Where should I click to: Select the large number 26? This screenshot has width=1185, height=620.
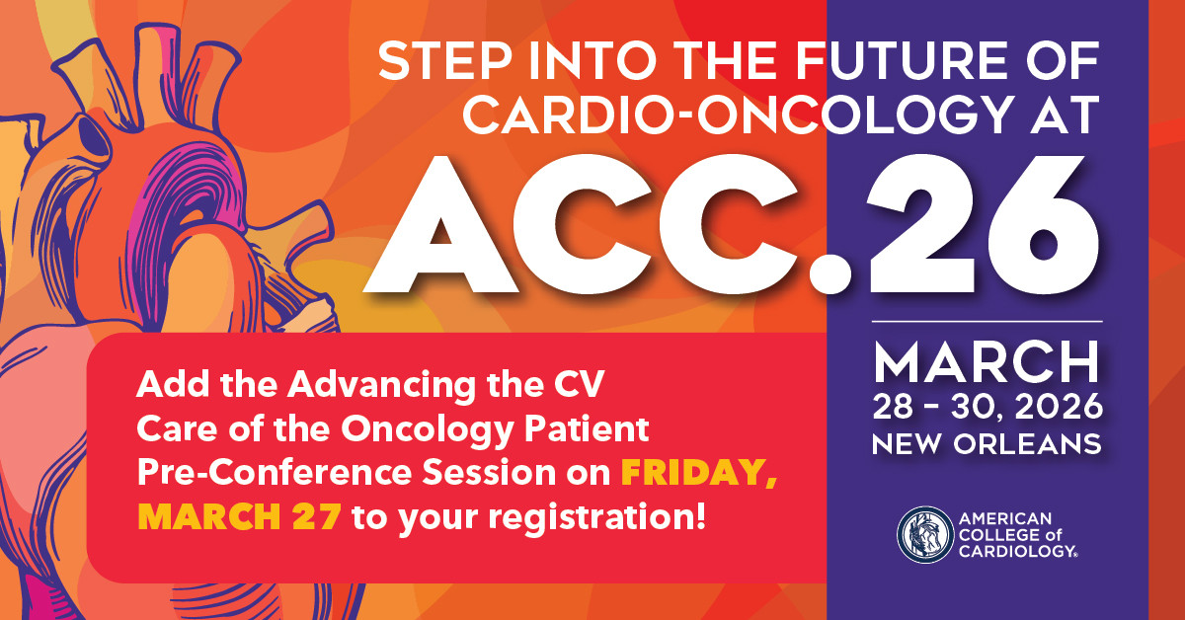click(982, 224)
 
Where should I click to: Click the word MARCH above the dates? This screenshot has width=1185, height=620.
click(987, 362)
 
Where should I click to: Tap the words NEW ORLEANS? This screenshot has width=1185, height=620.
click(987, 444)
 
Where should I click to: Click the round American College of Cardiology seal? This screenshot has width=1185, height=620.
click(925, 535)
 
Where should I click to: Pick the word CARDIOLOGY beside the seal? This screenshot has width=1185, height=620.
click(1017, 551)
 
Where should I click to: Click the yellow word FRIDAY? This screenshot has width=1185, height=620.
click(698, 473)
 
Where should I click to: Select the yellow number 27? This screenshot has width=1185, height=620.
click(316, 516)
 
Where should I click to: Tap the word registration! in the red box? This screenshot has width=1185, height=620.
click(596, 517)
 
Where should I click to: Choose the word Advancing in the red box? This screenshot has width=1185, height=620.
click(381, 386)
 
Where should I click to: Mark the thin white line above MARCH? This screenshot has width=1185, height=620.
click(987, 321)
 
